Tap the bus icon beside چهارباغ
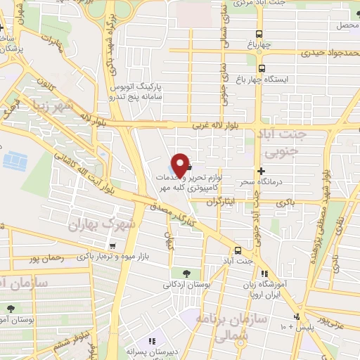(260, 34)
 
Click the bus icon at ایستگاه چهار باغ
(262, 68)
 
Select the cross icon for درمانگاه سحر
(262, 171)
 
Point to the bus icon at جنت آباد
(238, 250)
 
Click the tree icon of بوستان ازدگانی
(186, 274)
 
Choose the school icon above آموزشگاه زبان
(264, 273)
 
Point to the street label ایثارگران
(224, 202)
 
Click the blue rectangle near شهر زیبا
(15, 162)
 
